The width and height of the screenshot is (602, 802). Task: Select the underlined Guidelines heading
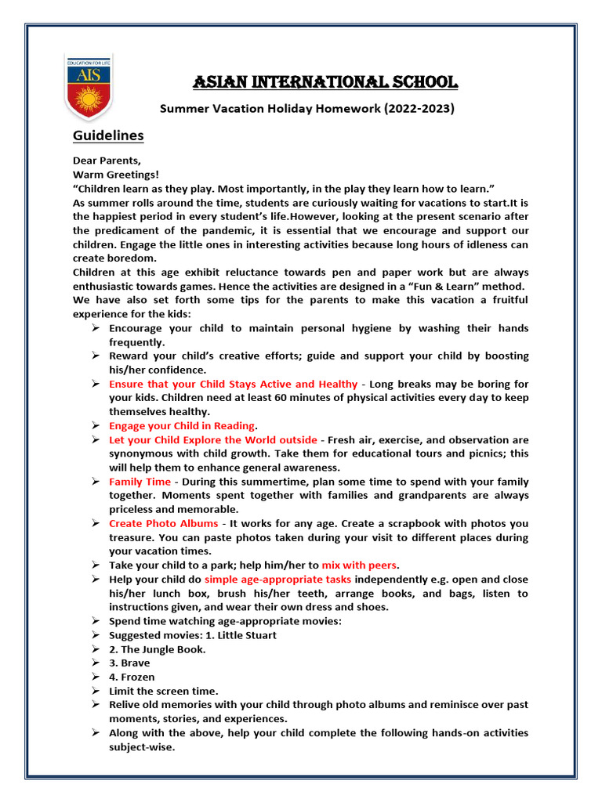tap(108, 135)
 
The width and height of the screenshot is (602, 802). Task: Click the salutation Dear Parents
tap(107, 161)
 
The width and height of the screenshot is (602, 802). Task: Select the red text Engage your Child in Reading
tap(182, 426)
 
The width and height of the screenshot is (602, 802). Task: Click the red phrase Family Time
tap(140, 482)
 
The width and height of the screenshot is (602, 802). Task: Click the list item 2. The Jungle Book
tap(158, 649)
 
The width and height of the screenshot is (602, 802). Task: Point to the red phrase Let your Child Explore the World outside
tap(213, 440)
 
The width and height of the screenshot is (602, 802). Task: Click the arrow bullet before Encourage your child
tap(94, 328)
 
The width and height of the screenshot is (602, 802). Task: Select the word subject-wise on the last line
tap(142, 747)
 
